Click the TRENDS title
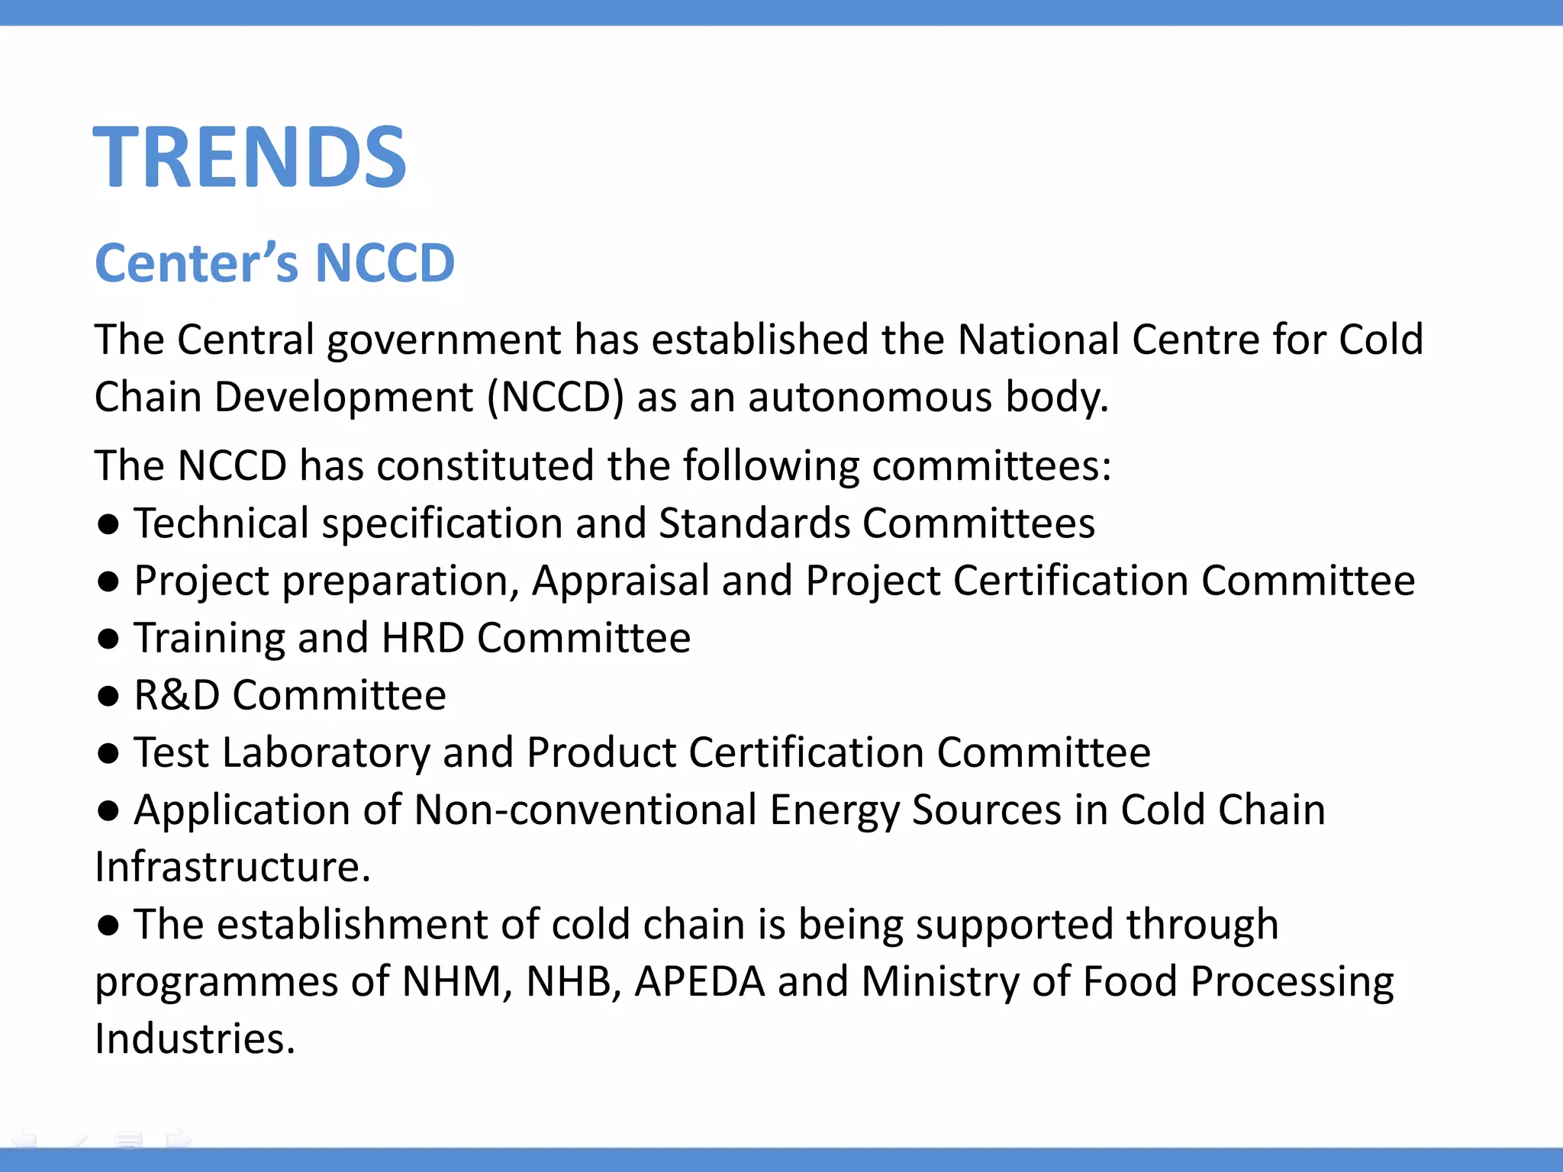250,157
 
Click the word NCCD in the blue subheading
385,263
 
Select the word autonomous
870,398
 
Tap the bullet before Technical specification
108,524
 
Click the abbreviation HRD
423,638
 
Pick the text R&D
177,695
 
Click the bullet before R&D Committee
108,696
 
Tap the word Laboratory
326,753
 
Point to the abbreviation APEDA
699,981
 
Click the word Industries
195,1038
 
